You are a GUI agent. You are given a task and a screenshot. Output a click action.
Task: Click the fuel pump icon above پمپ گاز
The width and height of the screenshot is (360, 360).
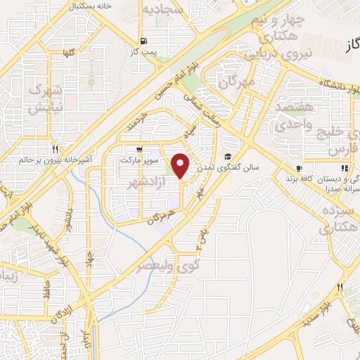point(143,41)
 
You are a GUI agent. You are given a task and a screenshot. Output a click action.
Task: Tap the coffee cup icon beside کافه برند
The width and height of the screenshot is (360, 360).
point(298,169)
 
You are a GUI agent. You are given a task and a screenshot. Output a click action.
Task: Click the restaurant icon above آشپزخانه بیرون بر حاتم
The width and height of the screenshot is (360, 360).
point(54,149)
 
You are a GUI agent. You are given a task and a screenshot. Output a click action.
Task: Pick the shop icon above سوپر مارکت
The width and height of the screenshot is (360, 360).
point(143,149)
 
